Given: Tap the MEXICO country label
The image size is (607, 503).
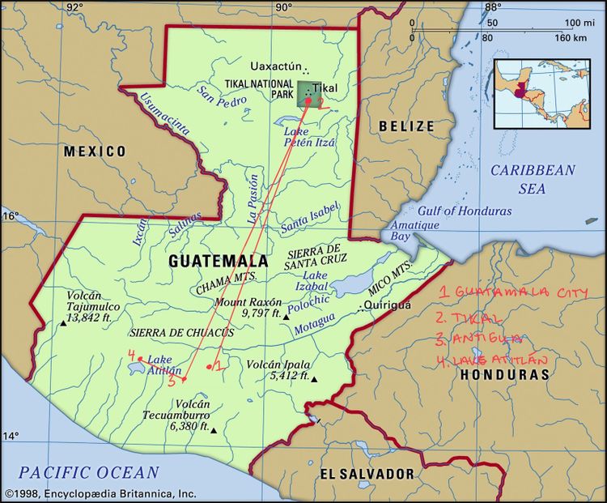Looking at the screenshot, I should coord(96,151).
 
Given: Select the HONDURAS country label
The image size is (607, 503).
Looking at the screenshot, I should coord(504,374).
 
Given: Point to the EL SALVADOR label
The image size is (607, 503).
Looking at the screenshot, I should coord(367,474).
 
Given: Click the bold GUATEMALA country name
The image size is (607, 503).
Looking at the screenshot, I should coord(218,261).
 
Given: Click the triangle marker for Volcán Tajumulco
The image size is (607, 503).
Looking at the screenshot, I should coord(62,324).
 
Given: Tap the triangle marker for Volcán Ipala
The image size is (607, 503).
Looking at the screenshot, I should coord(315,379).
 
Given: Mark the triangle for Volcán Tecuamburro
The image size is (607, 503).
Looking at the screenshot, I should coord(214,431).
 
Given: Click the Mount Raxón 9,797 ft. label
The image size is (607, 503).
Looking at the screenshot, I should coord(248,307).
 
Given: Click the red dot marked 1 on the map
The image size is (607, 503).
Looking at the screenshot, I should coord(209,368).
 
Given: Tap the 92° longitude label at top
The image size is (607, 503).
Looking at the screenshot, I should coord(74,7).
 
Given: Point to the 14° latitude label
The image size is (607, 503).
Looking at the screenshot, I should coord(9,437).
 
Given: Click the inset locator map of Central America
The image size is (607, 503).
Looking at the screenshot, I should coord(541,92).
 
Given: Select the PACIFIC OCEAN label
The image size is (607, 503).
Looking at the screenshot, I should coord(89,472).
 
